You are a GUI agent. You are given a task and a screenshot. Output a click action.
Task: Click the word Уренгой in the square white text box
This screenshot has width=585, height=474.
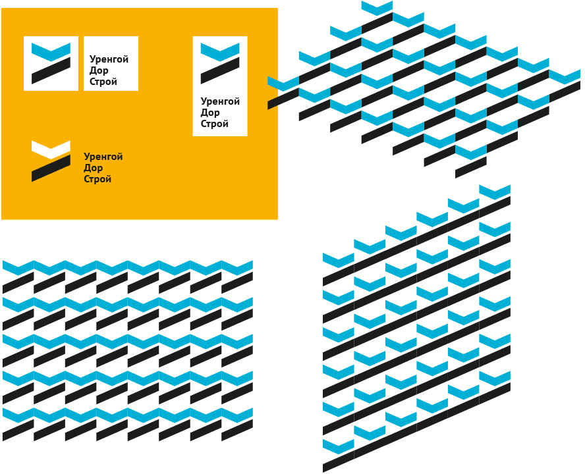109,59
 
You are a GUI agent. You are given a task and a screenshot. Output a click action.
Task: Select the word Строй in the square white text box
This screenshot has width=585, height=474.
103,82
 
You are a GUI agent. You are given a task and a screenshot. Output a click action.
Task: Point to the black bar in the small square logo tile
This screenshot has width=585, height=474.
51,70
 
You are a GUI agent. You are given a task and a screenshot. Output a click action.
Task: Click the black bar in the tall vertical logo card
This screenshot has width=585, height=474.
220,70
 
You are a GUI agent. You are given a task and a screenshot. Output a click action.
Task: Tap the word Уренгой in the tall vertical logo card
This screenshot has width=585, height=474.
220,101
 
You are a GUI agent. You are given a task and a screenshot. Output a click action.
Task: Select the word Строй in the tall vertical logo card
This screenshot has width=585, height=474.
215,124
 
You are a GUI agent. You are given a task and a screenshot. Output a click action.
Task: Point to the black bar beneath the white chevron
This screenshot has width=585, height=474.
51,168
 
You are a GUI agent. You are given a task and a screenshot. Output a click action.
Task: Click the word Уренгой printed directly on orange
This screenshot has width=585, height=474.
103,157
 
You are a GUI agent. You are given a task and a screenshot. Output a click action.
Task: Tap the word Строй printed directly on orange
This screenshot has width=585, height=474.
97,179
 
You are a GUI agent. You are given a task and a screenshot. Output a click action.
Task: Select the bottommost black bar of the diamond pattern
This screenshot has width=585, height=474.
470,167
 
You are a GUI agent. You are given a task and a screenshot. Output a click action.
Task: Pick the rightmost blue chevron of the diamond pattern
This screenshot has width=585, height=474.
565,76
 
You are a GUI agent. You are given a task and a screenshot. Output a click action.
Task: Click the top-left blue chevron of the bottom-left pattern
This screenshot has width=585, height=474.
18,267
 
